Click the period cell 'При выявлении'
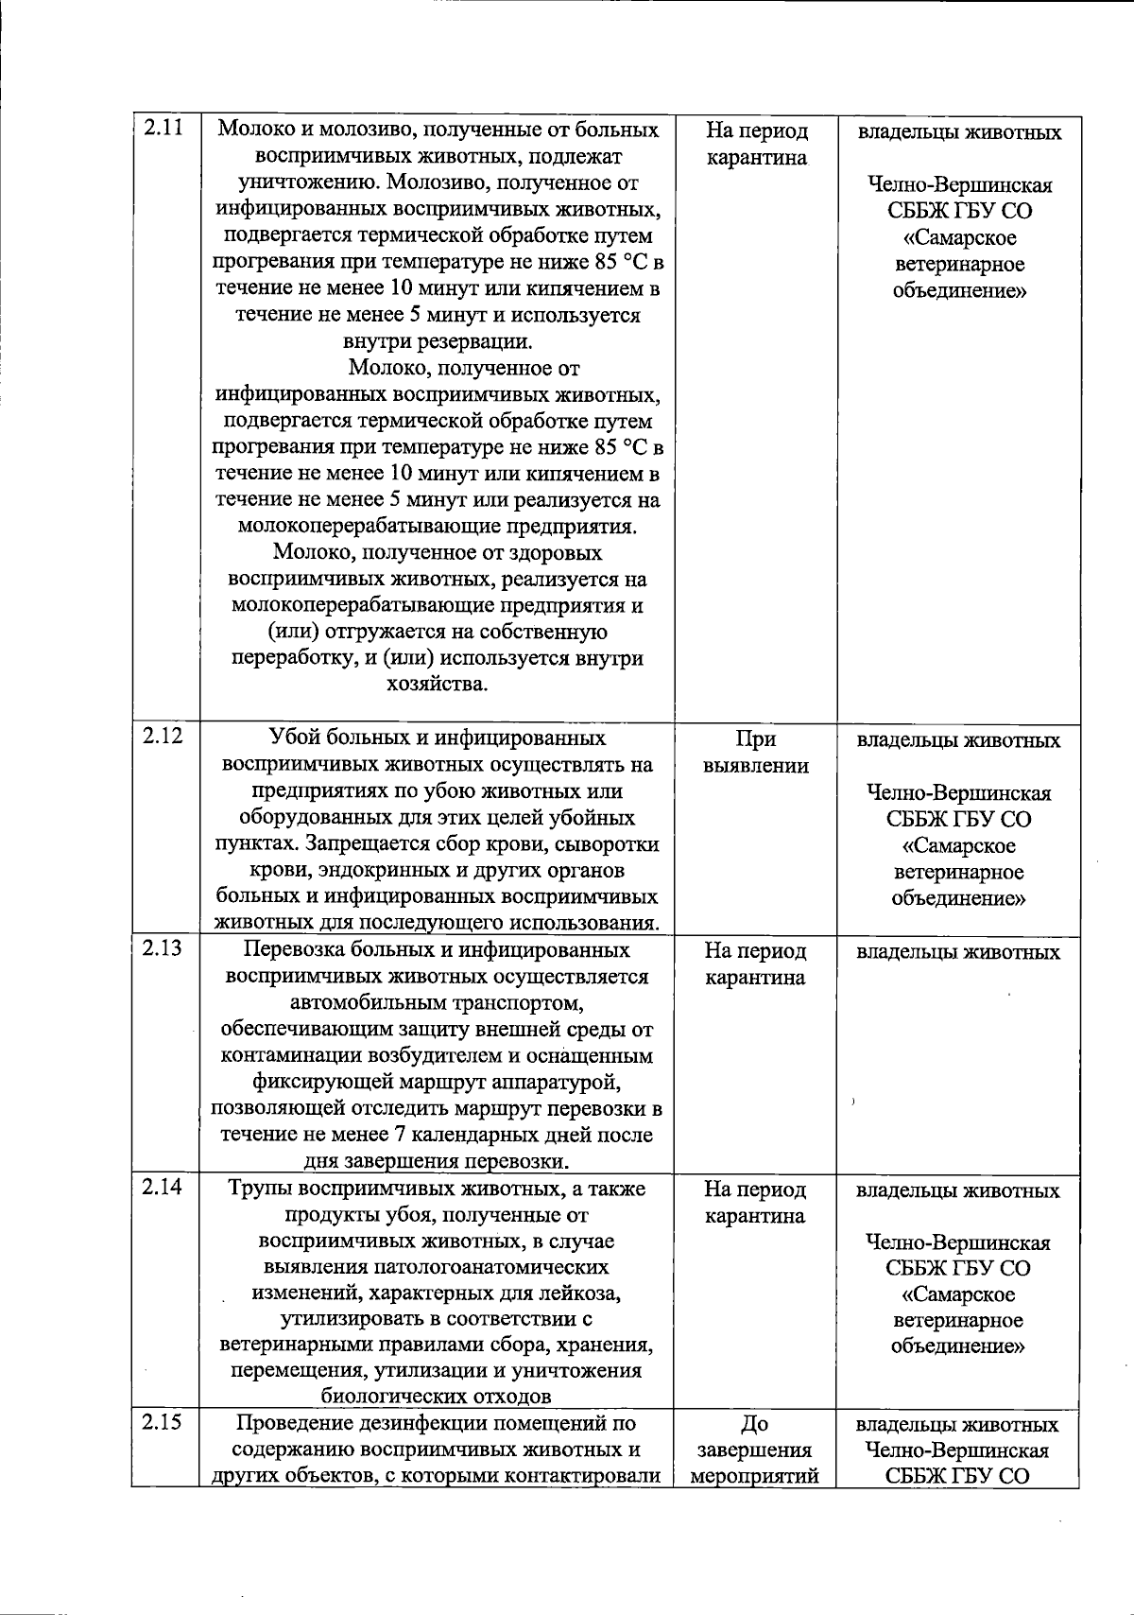click(755, 753)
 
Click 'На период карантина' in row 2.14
click(755, 1203)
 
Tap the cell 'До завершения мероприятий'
click(754, 1450)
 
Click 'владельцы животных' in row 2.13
click(957, 952)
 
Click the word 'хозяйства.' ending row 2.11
click(437, 684)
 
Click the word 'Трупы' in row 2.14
click(260, 1189)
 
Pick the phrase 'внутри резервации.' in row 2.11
click(437, 341)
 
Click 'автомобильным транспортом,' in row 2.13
click(437, 1002)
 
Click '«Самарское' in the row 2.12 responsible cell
click(957, 845)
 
